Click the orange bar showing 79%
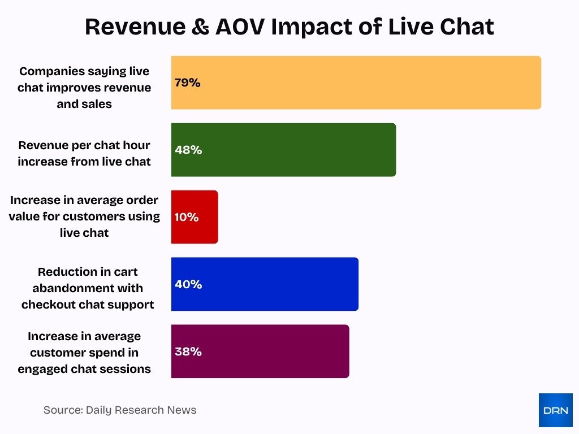[x=356, y=83]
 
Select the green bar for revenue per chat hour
[x=283, y=150]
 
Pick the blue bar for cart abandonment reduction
[x=265, y=284]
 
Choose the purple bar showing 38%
[x=260, y=351]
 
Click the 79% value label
[x=188, y=83]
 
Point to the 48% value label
[x=188, y=150]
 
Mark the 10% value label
[x=187, y=217]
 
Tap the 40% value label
[x=188, y=284]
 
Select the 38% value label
[x=188, y=351]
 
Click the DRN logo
[x=555, y=410]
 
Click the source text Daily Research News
[x=120, y=410]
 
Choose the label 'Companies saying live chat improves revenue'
[x=84, y=88]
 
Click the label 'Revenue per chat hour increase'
[x=84, y=153]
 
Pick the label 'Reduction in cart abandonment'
[x=88, y=288]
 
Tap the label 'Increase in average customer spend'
[x=84, y=353]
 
